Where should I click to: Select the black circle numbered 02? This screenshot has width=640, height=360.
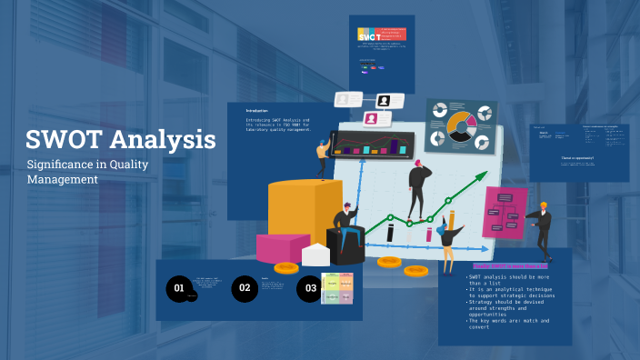tap(245, 289)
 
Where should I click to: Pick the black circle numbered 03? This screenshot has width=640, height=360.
tap(310, 289)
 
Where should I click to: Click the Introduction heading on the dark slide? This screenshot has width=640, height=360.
tap(257, 111)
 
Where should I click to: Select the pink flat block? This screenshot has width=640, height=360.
tap(282, 247)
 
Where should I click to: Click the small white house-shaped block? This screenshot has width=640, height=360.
tap(315, 255)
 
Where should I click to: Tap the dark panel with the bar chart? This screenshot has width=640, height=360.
tap(372, 144)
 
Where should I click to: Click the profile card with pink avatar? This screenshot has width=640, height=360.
tap(372, 118)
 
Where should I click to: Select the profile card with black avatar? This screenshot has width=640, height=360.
tap(385, 100)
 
